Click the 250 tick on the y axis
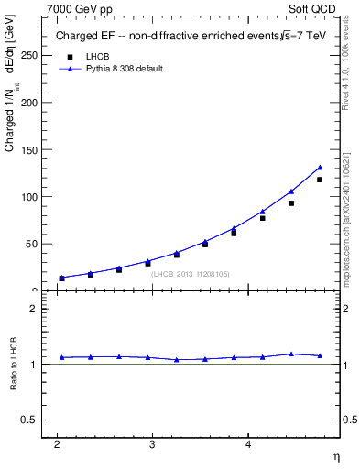tap(30, 55)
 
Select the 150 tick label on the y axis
tap(30, 149)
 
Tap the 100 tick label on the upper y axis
tap(30, 197)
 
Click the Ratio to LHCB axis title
tap(12, 365)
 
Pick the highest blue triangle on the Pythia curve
tap(320, 168)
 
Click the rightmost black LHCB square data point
tap(320, 180)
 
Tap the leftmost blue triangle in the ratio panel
tap(61, 357)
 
